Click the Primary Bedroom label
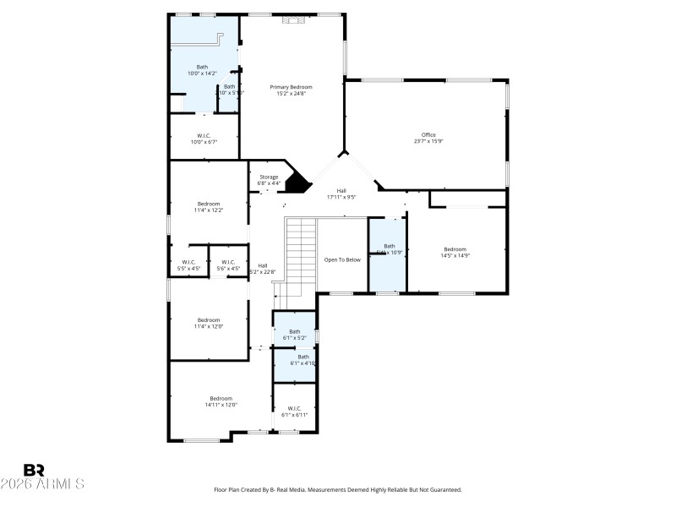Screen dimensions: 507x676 [x=291, y=90]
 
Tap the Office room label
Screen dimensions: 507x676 [x=428, y=138]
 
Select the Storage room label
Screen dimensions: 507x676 [x=268, y=180]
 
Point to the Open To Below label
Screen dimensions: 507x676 [x=342, y=259]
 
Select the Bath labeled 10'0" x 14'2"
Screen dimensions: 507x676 [x=202, y=70]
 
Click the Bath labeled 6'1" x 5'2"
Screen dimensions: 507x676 [x=294, y=335]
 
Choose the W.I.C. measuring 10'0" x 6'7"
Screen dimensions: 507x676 [x=204, y=139]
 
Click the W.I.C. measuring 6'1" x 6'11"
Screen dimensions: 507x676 [x=294, y=412]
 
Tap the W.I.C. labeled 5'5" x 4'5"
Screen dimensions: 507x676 [x=188, y=265]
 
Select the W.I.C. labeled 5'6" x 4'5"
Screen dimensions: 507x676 [x=228, y=265]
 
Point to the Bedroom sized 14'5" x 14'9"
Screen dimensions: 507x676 [x=455, y=252]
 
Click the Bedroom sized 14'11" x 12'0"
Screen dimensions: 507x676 [x=221, y=401]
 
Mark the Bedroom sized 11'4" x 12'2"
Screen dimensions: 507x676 [x=209, y=206]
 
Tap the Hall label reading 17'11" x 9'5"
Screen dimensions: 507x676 [x=341, y=194]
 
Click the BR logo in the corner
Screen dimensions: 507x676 [x=34, y=470]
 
